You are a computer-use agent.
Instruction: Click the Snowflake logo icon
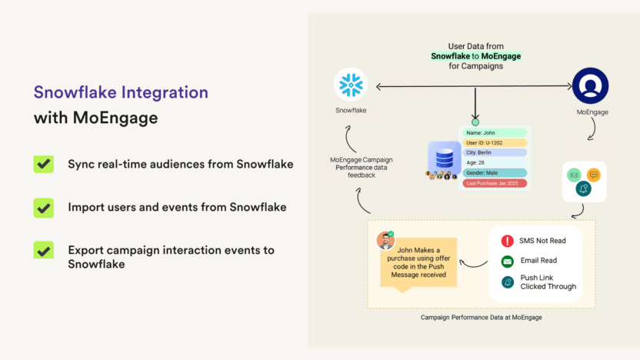pyautogui.click(x=351, y=85)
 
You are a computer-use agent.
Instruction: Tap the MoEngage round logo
pyautogui.click(x=590, y=85)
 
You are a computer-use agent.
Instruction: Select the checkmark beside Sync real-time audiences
pyautogui.click(x=44, y=164)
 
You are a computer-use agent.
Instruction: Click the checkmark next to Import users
pyautogui.click(x=44, y=208)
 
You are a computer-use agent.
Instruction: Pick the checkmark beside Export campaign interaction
pyautogui.click(x=44, y=250)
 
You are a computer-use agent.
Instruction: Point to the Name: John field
pyautogui.click(x=495, y=132)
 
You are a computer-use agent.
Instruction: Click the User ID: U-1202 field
pyautogui.click(x=495, y=143)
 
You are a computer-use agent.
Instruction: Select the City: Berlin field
pyautogui.click(x=495, y=152)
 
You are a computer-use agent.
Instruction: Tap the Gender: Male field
pyautogui.click(x=495, y=172)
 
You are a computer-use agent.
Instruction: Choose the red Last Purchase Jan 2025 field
pyautogui.click(x=495, y=183)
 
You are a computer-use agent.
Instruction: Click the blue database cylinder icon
pyautogui.click(x=445, y=158)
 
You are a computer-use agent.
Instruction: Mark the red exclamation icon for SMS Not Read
pyautogui.click(x=508, y=241)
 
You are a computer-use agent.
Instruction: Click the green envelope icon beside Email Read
pyautogui.click(x=508, y=262)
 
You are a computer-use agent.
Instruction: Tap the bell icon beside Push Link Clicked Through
pyautogui.click(x=508, y=282)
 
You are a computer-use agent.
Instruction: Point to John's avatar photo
pyautogui.click(x=385, y=240)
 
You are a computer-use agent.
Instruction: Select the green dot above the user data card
pyautogui.click(x=475, y=122)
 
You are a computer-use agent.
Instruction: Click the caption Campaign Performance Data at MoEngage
pyautogui.click(x=482, y=318)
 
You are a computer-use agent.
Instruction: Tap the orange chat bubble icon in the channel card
pyautogui.click(x=594, y=175)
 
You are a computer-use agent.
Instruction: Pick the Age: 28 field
pyautogui.click(x=495, y=162)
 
